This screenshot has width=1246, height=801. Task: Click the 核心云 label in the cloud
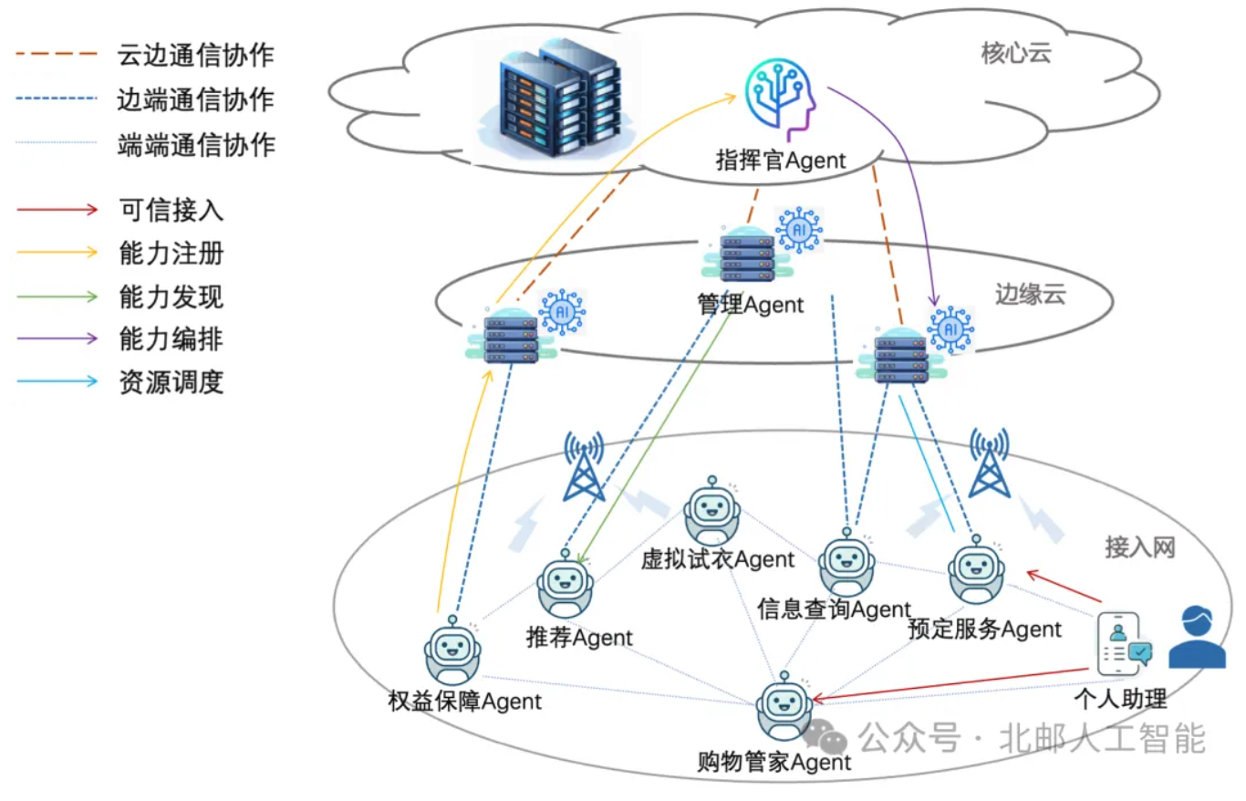pyautogui.click(x=1016, y=54)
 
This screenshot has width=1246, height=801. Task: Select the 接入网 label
pyautogui.click(x=1140, y=546)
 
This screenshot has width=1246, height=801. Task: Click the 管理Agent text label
pyautogui.click(x=751, y=305)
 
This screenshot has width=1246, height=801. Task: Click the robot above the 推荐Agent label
pyautogui.click(x=564, y=587)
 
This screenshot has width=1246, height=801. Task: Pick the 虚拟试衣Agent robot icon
pyautogui.click(x=711, y=512)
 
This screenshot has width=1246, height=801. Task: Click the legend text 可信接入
pyautogui.click(x=171, y=211)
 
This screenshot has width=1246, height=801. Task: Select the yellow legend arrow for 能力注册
pyautogui.click(x=57, y=253)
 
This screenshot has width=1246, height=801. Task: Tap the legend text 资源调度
pyautogui.click(x=171, y=382)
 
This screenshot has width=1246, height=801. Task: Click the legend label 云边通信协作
pyautogui.click(x=196, y=55)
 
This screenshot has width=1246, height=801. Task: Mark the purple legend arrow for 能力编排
pyautogui.click(x=57, y=338)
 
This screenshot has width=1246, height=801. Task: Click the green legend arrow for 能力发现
pyautogui.click(x=57, y=296)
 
